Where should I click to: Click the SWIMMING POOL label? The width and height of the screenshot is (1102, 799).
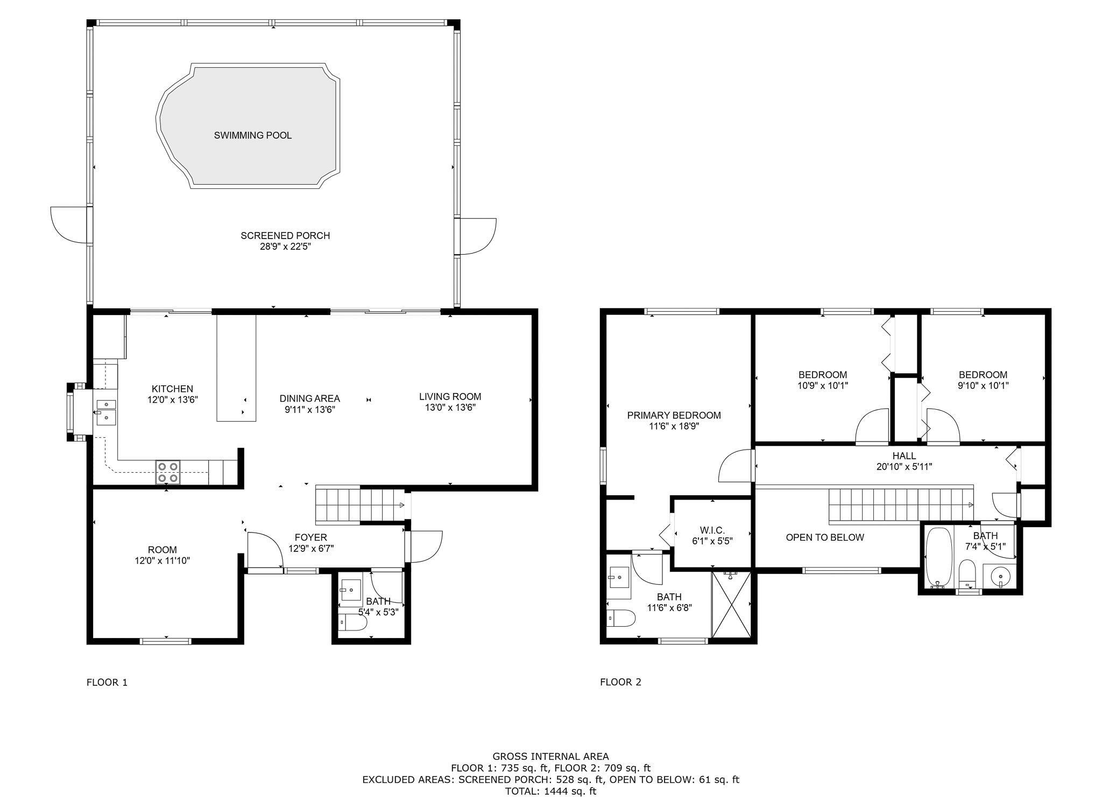point(253,135)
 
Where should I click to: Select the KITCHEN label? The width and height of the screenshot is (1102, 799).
point(172,389)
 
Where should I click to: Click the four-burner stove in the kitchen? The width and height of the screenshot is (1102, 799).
point(168,472)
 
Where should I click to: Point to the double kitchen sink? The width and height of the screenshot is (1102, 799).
point(106,411)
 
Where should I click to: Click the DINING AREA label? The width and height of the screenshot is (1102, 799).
point(309,398)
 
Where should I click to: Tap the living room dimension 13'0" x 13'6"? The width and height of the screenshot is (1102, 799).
point(450,408)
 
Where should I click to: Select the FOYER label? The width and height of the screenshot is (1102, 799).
point(310,537)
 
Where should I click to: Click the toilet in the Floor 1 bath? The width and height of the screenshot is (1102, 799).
point(352,622)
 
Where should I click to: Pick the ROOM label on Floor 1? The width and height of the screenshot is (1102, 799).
point(163,550)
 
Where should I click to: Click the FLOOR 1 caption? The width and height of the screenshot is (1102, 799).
point(107,682)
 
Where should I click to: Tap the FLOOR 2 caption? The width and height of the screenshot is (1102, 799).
point(620,682)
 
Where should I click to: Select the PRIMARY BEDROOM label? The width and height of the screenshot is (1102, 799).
point(674,415)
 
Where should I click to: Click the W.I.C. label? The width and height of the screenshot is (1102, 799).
point(712,530)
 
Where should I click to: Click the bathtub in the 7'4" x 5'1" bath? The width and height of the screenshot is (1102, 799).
point(938,557)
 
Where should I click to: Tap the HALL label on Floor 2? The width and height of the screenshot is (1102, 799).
point(904,456)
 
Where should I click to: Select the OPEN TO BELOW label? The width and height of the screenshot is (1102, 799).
point(825,537)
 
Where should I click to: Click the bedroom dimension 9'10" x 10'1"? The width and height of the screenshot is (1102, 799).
point(983,386)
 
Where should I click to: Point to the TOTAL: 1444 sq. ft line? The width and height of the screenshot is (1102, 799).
point(550,791)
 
